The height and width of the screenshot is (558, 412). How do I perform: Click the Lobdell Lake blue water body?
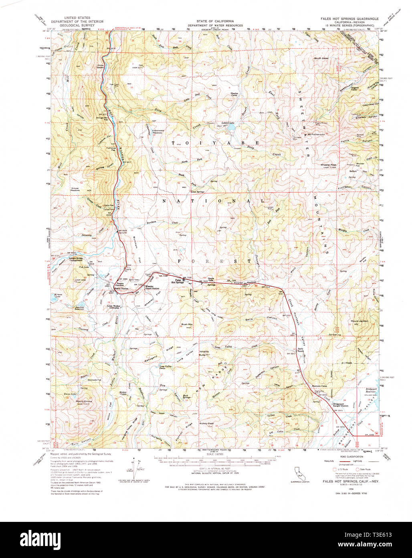[231, 128]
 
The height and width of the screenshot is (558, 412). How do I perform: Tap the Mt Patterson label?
[316, 134]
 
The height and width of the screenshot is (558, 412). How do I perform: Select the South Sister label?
[321, 58]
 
